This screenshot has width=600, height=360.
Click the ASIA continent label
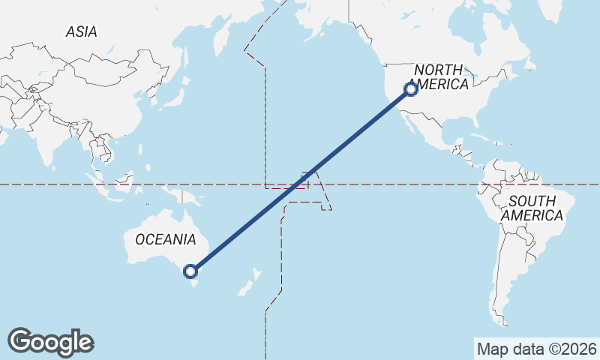tap(81, 32)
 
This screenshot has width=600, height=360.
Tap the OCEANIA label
tap(166, 239)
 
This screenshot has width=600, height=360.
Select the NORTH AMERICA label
tap(441, 76)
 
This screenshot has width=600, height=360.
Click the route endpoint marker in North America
tap(411, 89)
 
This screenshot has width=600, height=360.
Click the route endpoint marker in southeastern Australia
tap(190, 271)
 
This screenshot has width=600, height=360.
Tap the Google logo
tap(51, 341)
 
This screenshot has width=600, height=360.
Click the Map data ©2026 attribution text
tap(536, 349)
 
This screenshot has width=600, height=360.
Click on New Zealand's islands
tap(248, 284)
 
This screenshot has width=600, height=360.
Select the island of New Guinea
tap(190, 198)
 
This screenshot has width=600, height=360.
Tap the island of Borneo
tap(124, 181)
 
